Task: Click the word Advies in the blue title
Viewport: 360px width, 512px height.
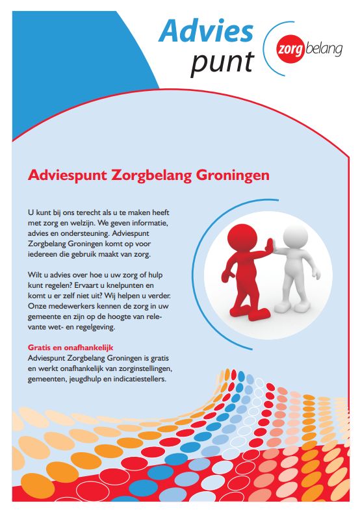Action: pos(206,31)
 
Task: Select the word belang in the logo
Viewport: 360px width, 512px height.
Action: pos(324,49)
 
